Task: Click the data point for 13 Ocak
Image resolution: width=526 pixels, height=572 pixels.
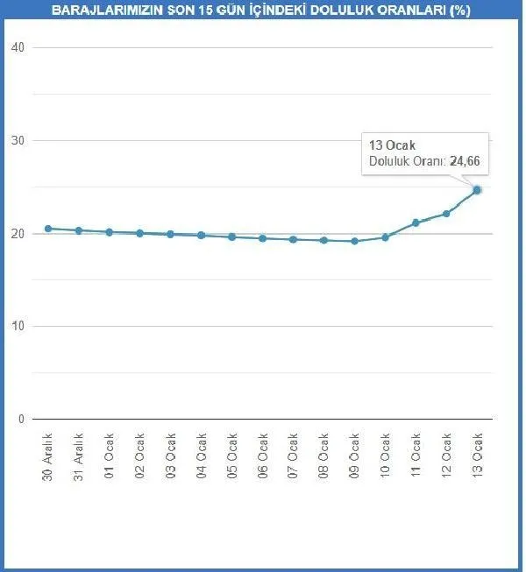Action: (x=477, y=189)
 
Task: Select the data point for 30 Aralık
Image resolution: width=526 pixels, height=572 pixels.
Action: (x=48, y=229)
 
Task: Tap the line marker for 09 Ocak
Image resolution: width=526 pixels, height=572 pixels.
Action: (x=354, y=241)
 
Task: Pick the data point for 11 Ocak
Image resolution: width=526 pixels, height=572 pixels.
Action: (x=416, y=222)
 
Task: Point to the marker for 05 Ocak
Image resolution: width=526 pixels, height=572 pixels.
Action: (x=232, y=237)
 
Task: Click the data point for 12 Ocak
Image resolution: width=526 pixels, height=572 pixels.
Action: (x=446, y=213)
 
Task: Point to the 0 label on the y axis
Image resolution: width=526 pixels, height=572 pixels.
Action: (x=20, y=420)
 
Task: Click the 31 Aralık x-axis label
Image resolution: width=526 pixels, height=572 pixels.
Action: (x=79, y=455)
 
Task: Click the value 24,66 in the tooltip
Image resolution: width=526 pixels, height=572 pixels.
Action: (x=466, y=161)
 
